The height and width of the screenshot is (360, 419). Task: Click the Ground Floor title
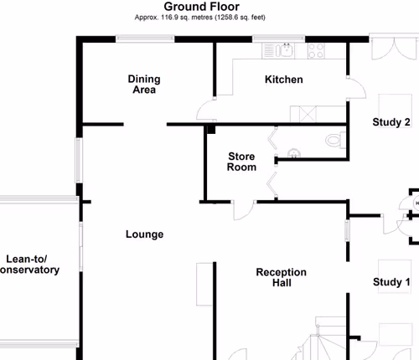pyautogui.click(x=201, y=7)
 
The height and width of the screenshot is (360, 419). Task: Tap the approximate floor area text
pyautogui.click(x=199, y=18)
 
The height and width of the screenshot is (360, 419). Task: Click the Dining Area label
pyautogui.click(x=144, y=85)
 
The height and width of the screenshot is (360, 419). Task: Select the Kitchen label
pyautogui.click(x=284, y=80)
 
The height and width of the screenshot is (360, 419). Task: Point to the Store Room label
pyautogui.click(x=241, y=162)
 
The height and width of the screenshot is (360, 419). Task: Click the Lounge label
pyautogui.click(x=144, y=234)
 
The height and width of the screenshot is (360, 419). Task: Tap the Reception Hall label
pyautogui.click(x=282, y=277)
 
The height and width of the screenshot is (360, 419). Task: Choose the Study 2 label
pyautogui.click(x=391, y=122)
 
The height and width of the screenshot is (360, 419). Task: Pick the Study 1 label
pyautogui.click(x=391, y=282)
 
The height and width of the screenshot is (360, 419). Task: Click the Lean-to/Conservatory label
pyautogui.click(x=28, y=265)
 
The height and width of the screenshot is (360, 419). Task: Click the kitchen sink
pyautogui.click(x=284, y=50)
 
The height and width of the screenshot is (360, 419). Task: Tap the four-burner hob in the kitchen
pyautogui.click(x=316, y=51)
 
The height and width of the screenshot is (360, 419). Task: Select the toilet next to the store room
pyautogui.click(x=335, y=141)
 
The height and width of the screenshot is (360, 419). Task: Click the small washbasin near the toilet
pyautogui.click(x=294, y=154)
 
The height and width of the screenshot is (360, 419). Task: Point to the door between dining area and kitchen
pyautogui.click(x=206, y=110)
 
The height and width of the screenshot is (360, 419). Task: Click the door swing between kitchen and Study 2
pyautogui.click(x=356, y=88)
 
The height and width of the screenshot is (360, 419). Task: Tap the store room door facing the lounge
pyautogui.click(x=244, y=210)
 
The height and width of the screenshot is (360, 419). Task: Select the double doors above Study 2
pyautogui.click(x=394, y=48)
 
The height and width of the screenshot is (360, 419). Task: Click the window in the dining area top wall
pyautogui.click(x=145, y=39)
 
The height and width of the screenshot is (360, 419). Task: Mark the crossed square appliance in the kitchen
pyautogui.click(x=308, y=114)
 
